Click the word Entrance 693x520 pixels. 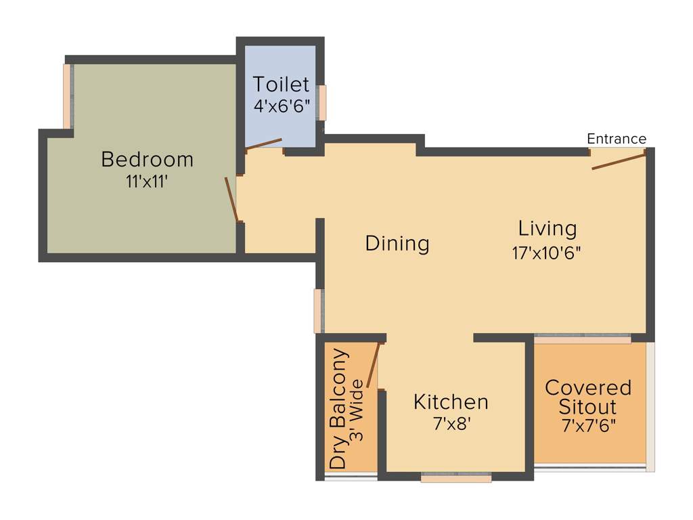coord(616,139)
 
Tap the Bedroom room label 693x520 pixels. coord(147,160)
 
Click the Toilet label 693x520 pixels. coord(281,85)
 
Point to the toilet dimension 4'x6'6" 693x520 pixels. coord(281,106)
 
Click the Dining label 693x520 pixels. coord(397,243)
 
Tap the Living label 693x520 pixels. coord(547,228)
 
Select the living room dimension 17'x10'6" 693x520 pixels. coord(547,253)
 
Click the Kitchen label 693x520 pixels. coord(451,402)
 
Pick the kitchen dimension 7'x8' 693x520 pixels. coord(451,425)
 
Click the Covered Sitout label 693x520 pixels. coord(587,397)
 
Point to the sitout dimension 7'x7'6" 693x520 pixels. coord(587,427)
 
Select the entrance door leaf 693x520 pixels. coord(619,160)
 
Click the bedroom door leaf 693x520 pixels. coord(231,199)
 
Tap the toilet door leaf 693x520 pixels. coord(263,144)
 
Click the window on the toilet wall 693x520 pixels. coord(323,102)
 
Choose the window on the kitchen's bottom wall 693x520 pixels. coord(456,478)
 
